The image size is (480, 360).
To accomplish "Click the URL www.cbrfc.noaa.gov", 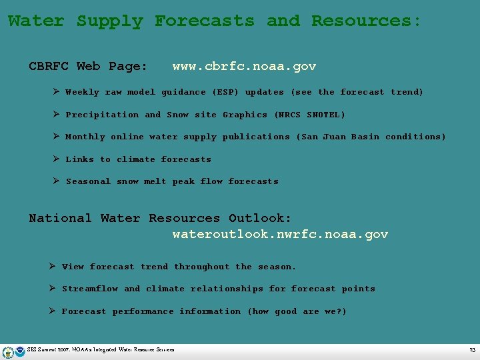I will tap(244, 66).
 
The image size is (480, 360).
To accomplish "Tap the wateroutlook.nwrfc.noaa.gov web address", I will tap(280, 234).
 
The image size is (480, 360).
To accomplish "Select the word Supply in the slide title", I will tap(109, 21).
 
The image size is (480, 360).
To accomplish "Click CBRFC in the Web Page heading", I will tap(49, 66).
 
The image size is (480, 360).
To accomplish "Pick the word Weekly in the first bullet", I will tap(82, 92).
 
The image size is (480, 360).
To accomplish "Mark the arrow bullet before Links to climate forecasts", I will tap(57, 159).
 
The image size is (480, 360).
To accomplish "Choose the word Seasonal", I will tap(88, 181).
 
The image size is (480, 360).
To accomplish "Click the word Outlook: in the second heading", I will tap(260, 218).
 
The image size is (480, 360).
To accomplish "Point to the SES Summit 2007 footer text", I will tap(100, 350).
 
